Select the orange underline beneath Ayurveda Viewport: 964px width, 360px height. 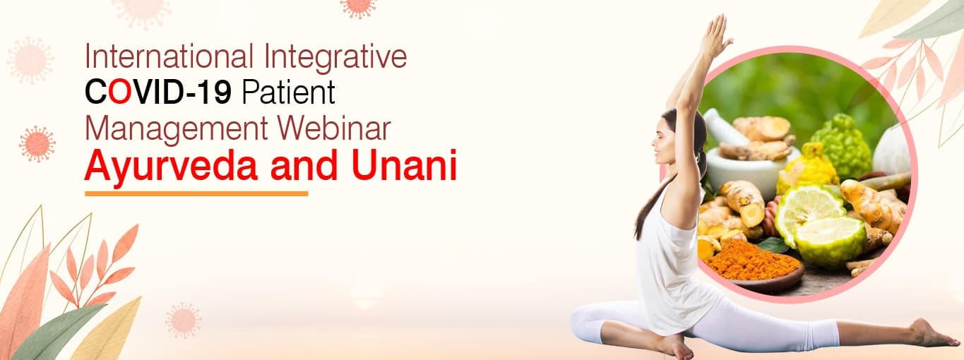click(x=196, y=193)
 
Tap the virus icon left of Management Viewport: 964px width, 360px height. click(x=37, y=143)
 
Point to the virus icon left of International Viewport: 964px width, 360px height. click(x=30, y=59)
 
